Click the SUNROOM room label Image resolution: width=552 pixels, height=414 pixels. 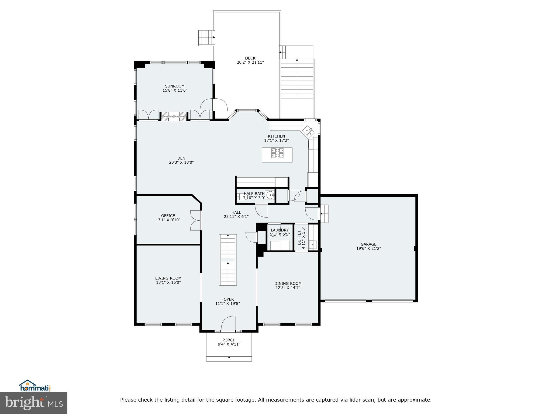175,86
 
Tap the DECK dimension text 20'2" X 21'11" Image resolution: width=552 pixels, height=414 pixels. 250,62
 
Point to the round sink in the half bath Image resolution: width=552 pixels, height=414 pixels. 270,194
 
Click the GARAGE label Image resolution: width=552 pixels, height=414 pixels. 368,244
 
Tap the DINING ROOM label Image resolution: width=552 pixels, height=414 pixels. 288,283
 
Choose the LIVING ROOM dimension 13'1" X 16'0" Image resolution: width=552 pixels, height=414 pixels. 168,282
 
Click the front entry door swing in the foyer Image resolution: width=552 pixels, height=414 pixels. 228,323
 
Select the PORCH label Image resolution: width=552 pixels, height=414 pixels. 229,340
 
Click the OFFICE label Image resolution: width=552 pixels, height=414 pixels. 168,216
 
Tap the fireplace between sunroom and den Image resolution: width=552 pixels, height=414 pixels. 174,116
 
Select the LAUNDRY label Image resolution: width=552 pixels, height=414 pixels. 280,230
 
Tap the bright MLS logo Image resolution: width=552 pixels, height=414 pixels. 34,403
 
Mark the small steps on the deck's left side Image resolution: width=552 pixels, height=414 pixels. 206,38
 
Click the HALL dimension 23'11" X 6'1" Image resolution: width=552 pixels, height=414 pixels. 236,216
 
